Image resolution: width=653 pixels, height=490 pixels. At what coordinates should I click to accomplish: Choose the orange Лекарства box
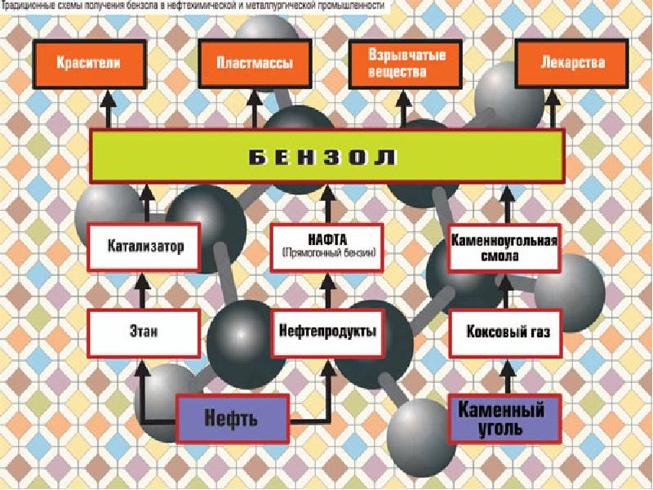pos(561,63)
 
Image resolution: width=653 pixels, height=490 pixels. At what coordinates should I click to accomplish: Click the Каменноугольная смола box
pos(504,246)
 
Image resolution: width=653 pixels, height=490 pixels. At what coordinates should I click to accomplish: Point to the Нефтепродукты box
pos(326,332)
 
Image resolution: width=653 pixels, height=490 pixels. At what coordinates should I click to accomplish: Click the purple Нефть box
pos(233,418)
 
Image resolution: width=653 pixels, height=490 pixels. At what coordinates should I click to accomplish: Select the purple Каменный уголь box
pos(504,416)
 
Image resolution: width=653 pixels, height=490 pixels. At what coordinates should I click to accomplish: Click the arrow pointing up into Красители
pos(105,110)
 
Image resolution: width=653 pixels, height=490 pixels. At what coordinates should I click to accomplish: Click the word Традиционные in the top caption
pos(33,6)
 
